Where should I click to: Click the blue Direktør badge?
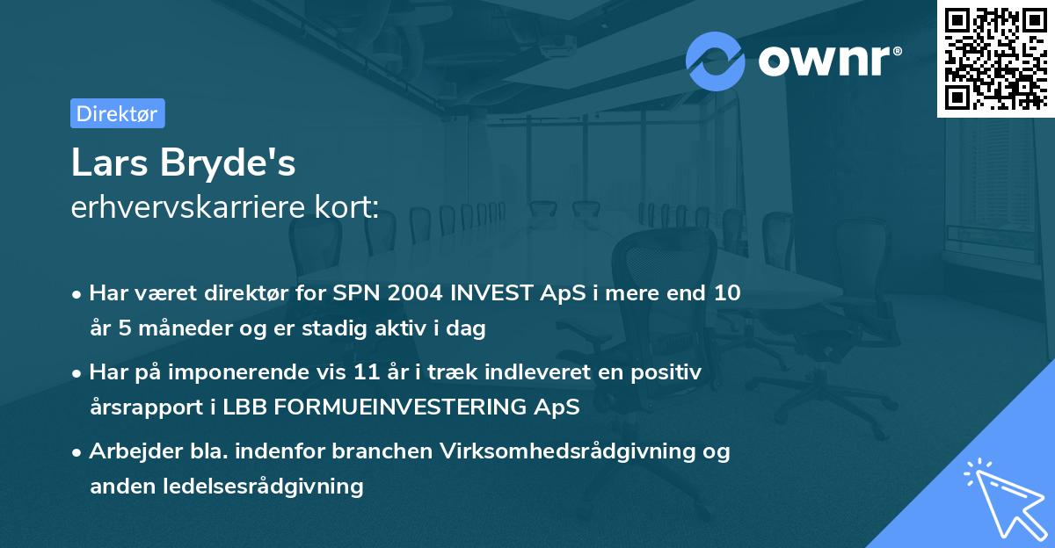117,113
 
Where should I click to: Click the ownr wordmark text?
830,61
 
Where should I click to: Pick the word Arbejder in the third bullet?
129,451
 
